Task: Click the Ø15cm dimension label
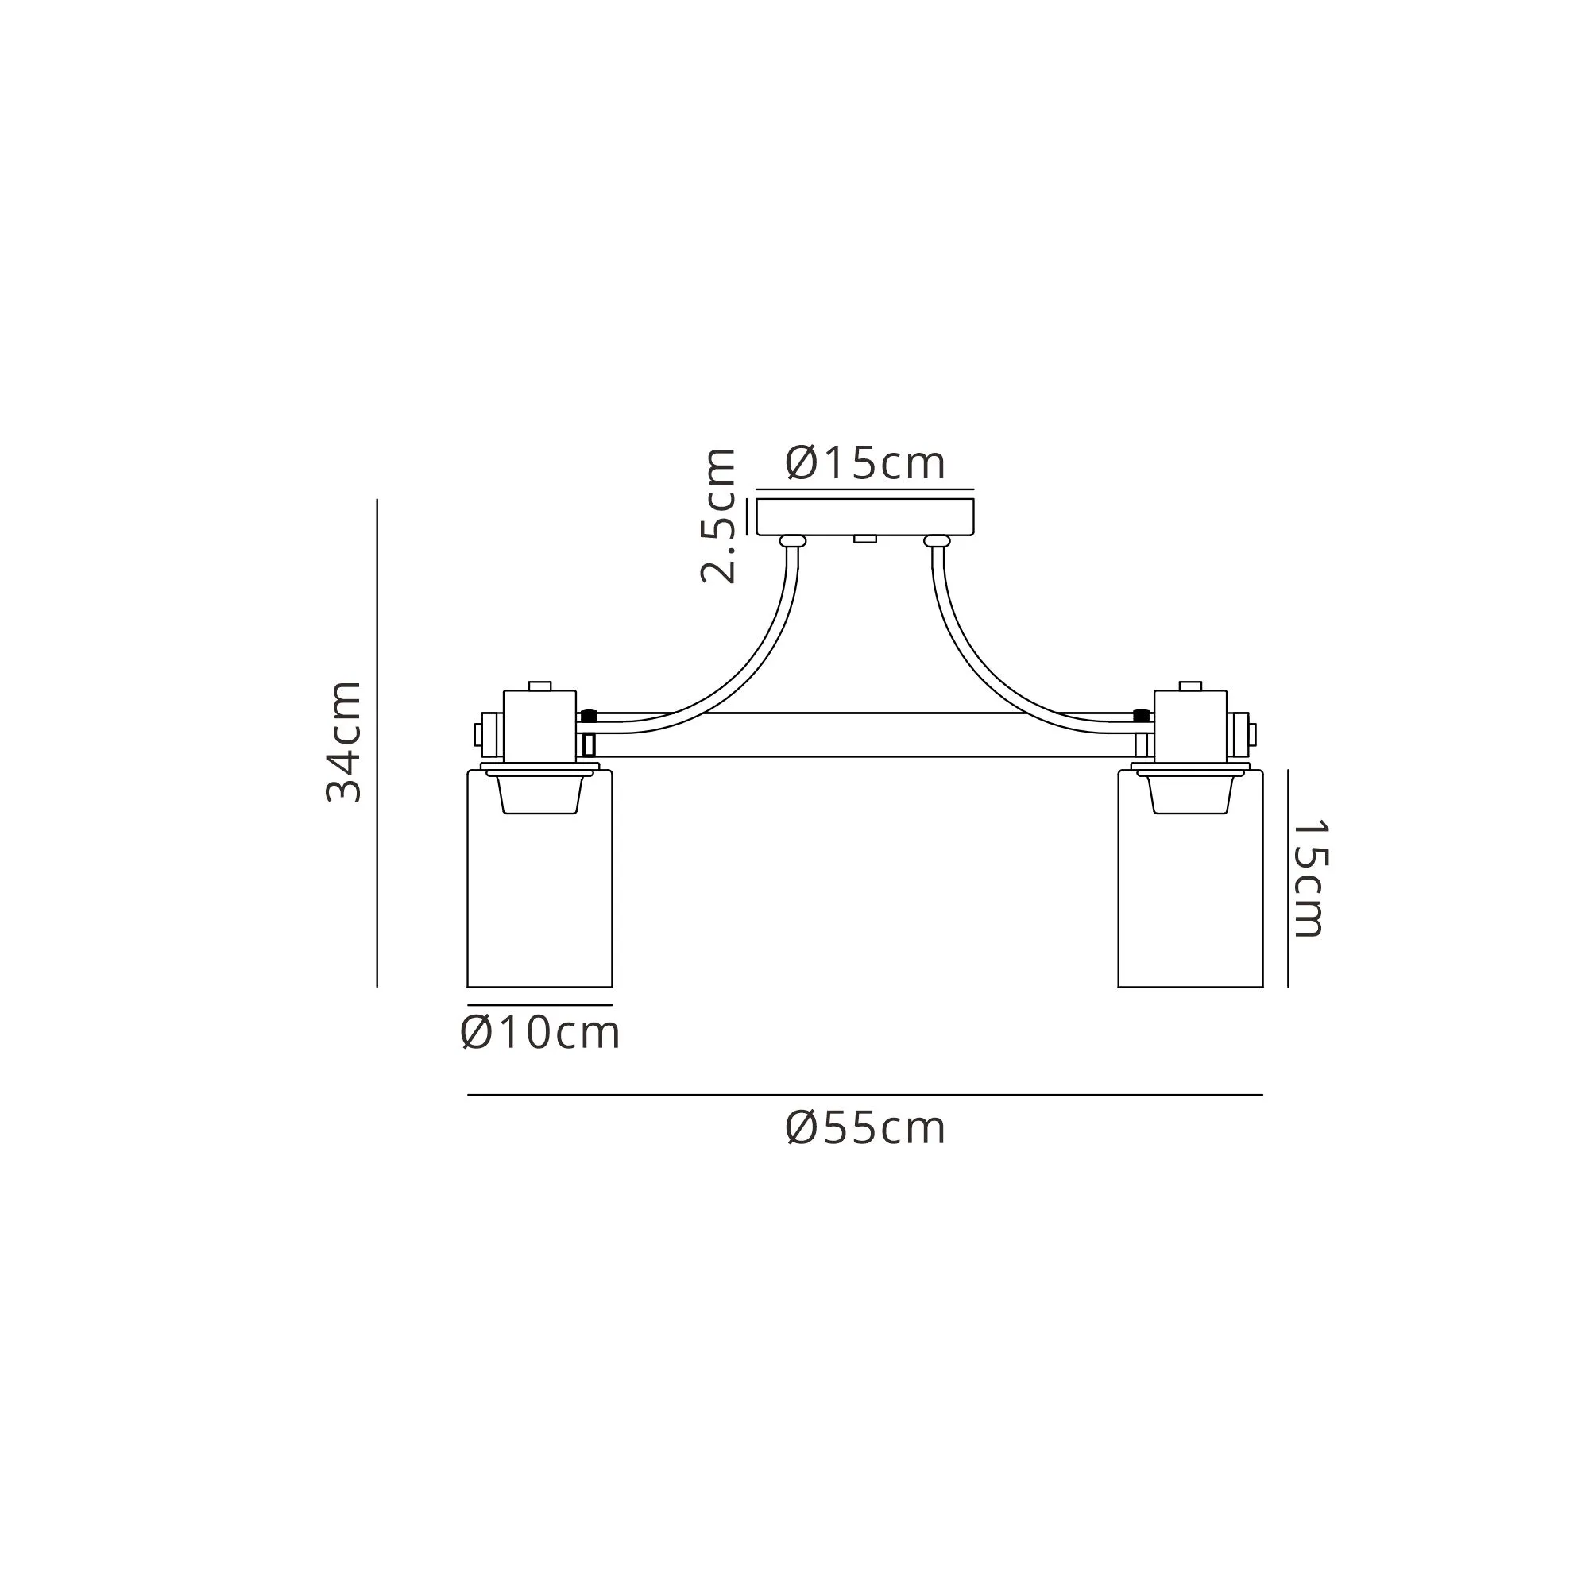[865, 463]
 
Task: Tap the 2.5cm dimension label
[718, 516]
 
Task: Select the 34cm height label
[344, 742]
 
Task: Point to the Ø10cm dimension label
[540, 1033]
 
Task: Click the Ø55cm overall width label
[865, 1127]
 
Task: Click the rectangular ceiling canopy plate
[865, 516]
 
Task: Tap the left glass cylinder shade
[539, 879]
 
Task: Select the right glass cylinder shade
[1190, 879]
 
